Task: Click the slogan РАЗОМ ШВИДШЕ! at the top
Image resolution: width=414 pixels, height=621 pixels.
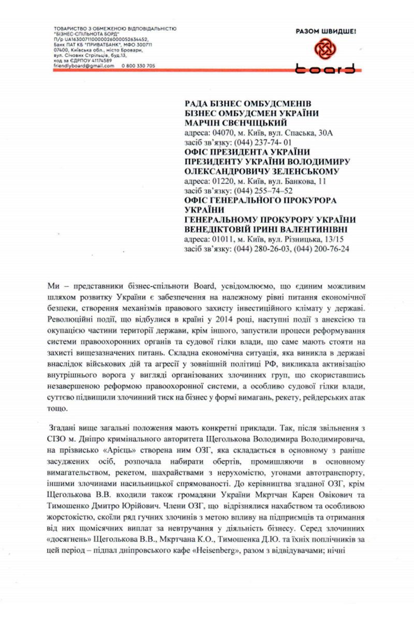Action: (x=326, y=32)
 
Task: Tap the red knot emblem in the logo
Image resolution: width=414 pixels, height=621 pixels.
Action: (x=326, y=50)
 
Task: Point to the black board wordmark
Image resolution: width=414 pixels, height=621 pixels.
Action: (x=326, y=68)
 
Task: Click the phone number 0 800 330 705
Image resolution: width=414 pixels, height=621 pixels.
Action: (x=138, y=66)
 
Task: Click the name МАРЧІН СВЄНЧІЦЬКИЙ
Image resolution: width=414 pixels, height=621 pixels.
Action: (x=236, y=123)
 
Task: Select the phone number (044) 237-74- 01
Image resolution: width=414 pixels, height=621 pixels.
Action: (x=263, y=142)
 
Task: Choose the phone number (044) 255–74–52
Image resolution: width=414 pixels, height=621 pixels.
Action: (x=263, y=190)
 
